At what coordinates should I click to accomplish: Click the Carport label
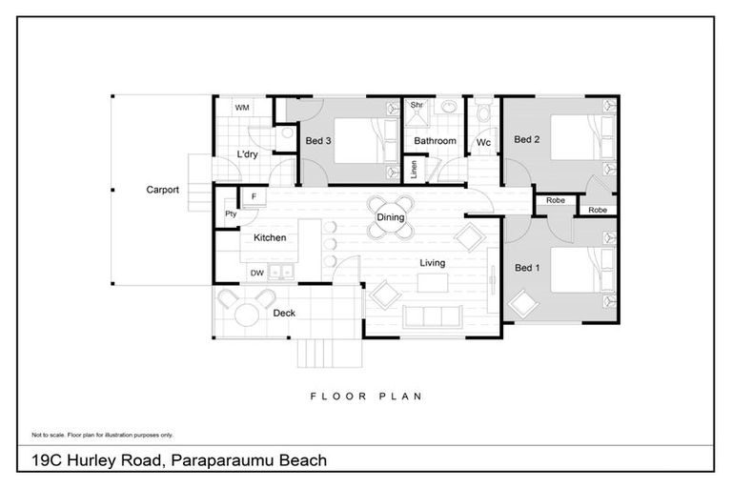tap(162, 190)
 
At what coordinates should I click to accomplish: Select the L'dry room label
tap(247, 154)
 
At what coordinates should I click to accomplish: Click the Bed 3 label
tap(317, 141)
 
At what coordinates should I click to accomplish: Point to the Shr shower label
tap(416, 106)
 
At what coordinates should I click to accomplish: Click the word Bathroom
tap(434, 141)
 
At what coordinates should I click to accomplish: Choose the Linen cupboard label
tap(413, 170)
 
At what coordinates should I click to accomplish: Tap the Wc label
tap(483, 142)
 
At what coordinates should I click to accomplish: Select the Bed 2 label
tap(526, 140)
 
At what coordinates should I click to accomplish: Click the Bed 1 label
tap(526, 268)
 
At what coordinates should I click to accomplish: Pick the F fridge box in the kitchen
tap(254, 196)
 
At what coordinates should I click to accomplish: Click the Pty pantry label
tap(231, 214)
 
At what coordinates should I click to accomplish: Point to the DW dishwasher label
tap(256, 274)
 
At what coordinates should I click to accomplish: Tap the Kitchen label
tap(270, 238)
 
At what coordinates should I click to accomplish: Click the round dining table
tap(391, 217)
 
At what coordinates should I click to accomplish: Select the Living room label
tap(433, 263)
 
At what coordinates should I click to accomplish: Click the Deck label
tap(284, 313)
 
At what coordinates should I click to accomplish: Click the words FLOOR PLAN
tap(366, 396)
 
